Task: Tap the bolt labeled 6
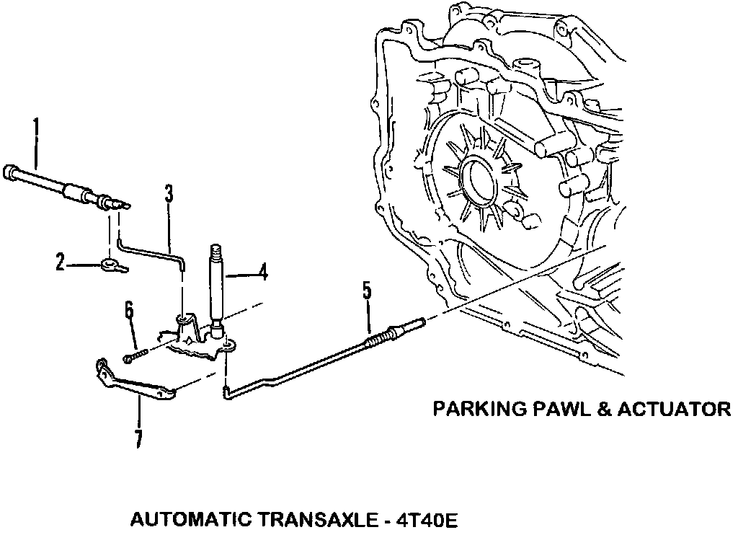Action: (135, 354)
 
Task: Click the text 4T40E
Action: (424, 519)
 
